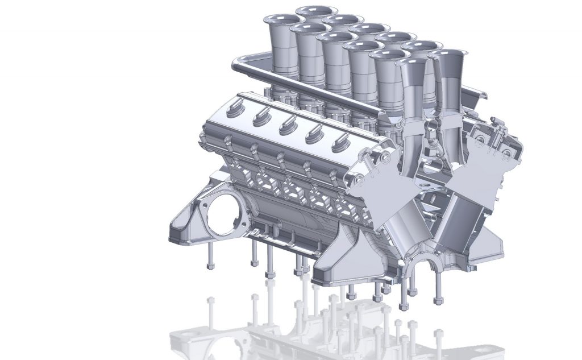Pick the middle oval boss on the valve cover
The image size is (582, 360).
point(287,124)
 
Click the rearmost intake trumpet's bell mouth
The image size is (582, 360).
point(317,11)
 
